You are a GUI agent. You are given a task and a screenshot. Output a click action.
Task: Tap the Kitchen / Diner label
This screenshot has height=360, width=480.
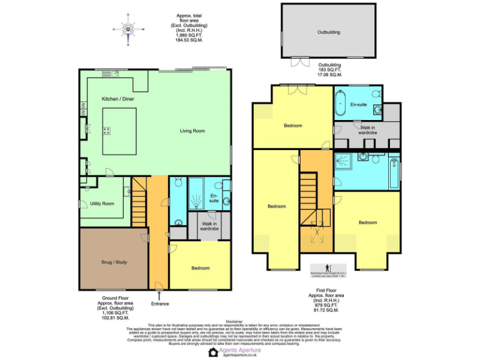(x=118, y=99)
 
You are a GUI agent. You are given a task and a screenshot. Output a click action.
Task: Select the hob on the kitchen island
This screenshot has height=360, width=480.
(x=107, y=131)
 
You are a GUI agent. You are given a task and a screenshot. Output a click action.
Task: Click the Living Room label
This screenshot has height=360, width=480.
(x=192, y=131)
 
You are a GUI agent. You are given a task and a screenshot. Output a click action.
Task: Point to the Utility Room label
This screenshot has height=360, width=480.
(x=102, y=203)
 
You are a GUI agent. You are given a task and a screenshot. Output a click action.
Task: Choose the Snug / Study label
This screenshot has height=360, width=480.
(x=114, y=262)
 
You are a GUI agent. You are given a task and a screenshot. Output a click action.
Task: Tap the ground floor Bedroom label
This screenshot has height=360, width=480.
(x=201, y=268)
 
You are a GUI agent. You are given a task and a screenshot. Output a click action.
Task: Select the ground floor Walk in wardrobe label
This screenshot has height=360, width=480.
(x=209, y=226)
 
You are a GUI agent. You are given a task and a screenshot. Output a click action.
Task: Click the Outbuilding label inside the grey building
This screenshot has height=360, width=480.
(x=329, y=32)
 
